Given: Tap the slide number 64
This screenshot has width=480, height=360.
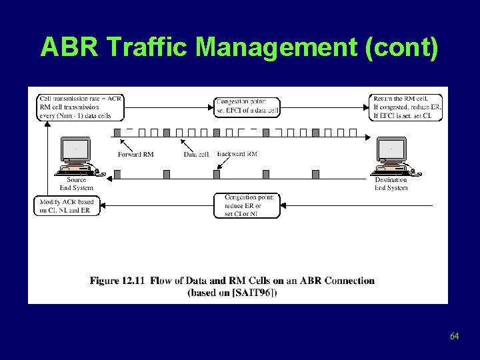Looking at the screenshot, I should point(454,336).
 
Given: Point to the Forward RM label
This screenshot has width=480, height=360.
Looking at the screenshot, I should point(136,155).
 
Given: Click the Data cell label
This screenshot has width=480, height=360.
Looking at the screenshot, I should point(197,155).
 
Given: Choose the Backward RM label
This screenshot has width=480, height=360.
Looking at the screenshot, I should point(237,155).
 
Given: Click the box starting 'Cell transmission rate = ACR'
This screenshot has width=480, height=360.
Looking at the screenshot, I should point(80,107).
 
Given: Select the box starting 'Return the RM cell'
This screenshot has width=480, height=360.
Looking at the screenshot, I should point(406,107).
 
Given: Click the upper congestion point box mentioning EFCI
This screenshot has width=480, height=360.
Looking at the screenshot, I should point(247,105).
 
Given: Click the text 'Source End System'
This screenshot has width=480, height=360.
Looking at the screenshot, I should point(77,184).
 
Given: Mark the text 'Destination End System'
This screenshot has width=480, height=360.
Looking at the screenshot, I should point(391,184).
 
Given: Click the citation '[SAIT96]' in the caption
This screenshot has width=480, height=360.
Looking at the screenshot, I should point(255,292).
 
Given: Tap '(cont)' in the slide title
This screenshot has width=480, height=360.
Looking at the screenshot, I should point(403,47).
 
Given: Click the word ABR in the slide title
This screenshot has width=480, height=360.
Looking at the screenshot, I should point(69,47).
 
